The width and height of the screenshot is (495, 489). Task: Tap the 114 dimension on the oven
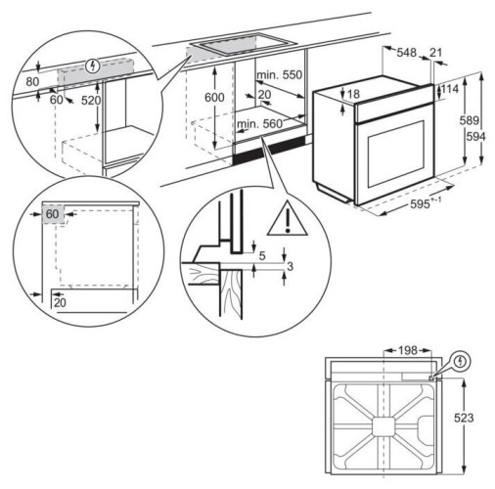[x=451, y=90]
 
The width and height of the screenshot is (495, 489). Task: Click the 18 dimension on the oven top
[x=353, y=94]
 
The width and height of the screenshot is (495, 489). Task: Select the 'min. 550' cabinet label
[x=280, y=75]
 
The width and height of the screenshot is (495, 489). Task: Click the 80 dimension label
[x=33, y=82]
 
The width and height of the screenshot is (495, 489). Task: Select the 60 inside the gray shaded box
[x=52, y=213]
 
